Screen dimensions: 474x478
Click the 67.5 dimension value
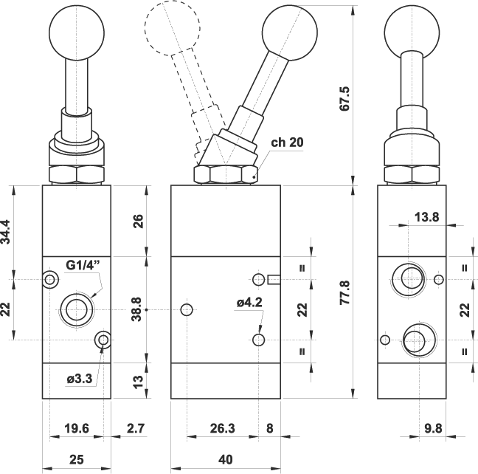(x=363, y=98)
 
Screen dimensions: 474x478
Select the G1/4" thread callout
(x=81, y=266)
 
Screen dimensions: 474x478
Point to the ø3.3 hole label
(x=78, y=379)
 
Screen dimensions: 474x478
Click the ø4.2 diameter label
(x=249, y=301)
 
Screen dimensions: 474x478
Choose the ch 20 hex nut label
(x=286, y=143)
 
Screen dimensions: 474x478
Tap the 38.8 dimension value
(x=134, y=311)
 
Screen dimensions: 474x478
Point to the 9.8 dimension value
(x=433, y=427)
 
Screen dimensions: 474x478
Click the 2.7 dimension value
(x=135, y=427)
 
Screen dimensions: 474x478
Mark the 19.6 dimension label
(x=77, y=427)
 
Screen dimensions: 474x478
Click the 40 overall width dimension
(x=226, y=459)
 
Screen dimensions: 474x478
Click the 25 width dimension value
(x=76, y=459)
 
